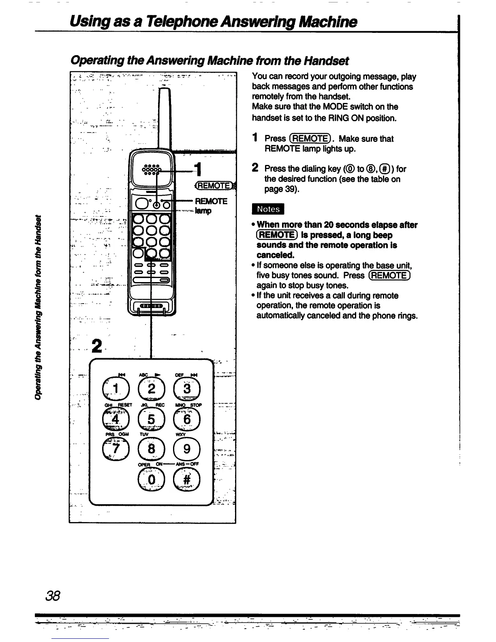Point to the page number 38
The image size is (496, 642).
click(53, 596)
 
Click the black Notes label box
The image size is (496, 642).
click(268, 209)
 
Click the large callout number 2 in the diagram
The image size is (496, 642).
click(96, 346)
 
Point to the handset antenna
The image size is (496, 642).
click(165, 118)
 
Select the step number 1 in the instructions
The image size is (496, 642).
click(255, 138)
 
